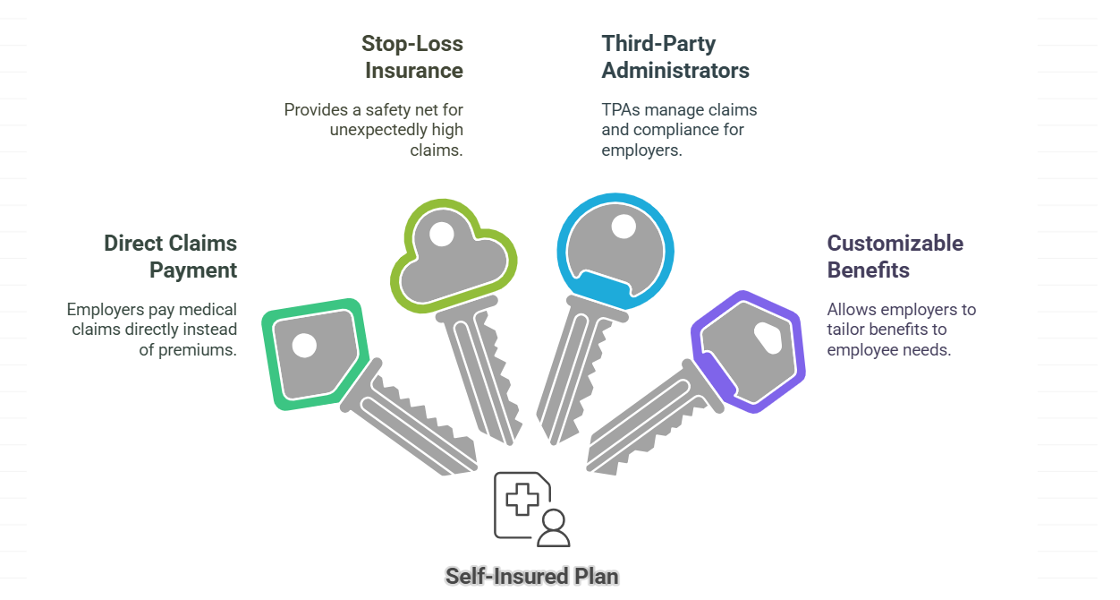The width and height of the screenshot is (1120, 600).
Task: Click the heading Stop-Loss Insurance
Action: click(412, 57)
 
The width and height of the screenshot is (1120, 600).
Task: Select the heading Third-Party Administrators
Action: click(675, 57)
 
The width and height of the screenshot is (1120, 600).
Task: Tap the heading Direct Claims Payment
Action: click(171, 257)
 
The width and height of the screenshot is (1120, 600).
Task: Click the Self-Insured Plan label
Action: click(532, 576)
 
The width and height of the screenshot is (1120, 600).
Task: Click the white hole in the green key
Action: click(304, 346)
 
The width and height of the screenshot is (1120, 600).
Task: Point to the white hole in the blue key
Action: click(624, 227)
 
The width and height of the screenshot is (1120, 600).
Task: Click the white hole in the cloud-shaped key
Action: click(442, 235)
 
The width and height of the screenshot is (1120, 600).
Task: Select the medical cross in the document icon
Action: click(522, 499)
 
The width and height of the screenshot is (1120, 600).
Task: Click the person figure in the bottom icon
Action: click(553, 528)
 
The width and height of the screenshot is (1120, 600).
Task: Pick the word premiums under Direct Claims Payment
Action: click(197, 350)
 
